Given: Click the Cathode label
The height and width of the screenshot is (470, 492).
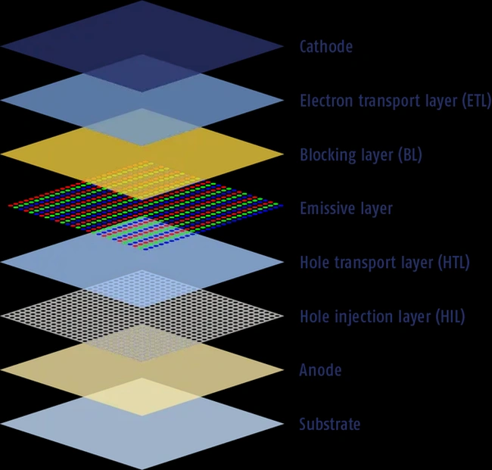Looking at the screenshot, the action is point(326,47).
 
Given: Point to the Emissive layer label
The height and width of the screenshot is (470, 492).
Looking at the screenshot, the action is point(346,209).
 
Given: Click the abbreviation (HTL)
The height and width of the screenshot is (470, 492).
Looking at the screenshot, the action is point(453,263).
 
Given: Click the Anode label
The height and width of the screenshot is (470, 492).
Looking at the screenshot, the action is point(320,370).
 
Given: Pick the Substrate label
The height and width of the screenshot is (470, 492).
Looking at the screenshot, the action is point(330,424).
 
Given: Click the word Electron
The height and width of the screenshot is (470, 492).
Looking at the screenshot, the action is point(326,101).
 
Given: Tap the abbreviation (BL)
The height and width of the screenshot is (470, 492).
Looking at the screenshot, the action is point(410,155).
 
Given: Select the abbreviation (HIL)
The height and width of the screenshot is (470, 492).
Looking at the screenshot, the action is point(450,316).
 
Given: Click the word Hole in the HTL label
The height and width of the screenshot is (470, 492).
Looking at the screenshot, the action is point(314,263).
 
